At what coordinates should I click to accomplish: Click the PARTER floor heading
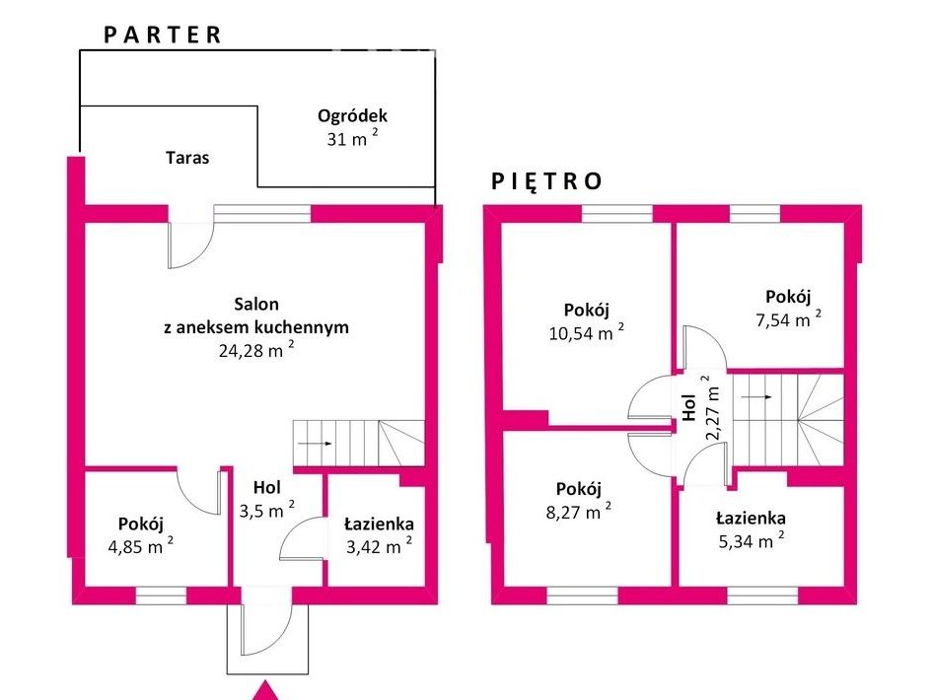pyautogui.click(x=163, y=35)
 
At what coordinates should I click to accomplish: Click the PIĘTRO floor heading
pyautogui.click(x=546, y=181)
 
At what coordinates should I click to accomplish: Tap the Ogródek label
pyautogui.click(x=352, y=115)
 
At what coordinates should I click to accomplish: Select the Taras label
pyautogui.click(x=187, y=158)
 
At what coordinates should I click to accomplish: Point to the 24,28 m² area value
pyautogui.click(x=256, y=349)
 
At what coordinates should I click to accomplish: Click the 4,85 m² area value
pyautogui.click(x=141, y=546)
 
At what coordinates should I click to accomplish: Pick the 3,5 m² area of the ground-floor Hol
pyautogui.click(x=267, y=510)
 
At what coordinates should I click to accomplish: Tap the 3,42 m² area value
pyautogui.click(x=380, y=546)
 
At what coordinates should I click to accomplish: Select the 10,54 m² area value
pyautogui.click(x=587, y=332)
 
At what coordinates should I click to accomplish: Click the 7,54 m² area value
pyautogui.click(x=788, y=319)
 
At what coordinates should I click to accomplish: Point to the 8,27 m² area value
pyautogui.click(x=578, y=512)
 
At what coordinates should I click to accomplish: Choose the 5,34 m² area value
pyautogui.click(x=752, y=540)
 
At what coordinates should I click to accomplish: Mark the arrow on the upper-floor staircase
pyautogui.click(x=757, y=396)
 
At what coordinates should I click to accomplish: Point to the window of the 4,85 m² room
pyautogui.click(x=161, y=595)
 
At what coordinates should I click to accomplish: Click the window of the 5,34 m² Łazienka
pyautogui.click(x=761, y=595)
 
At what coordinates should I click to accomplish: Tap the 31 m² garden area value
pyautogui.click(x=352, y=139)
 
